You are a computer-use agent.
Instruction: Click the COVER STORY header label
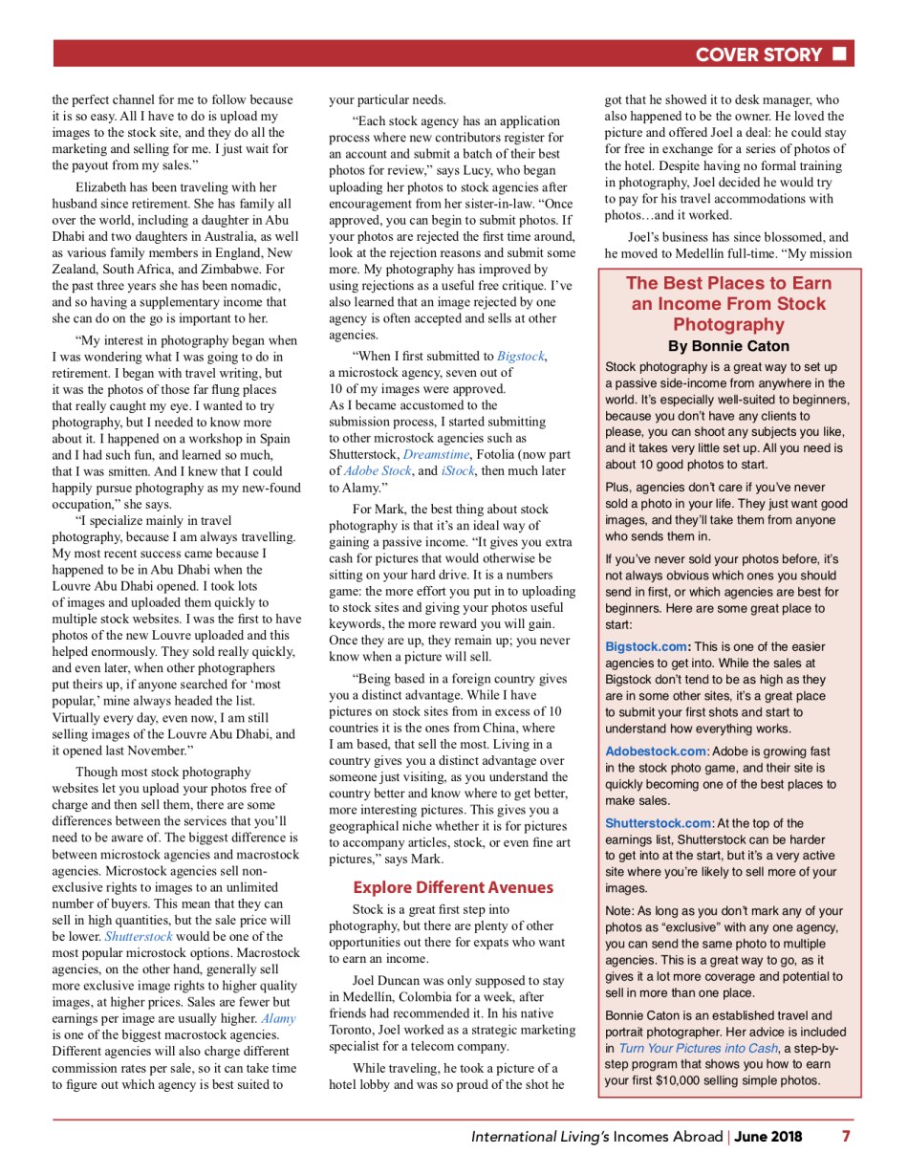point(758,54)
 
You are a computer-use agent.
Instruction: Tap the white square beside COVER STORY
point(839,54)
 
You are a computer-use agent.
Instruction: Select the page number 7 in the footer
point(845,1137)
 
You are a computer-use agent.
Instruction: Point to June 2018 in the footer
point(767,1137)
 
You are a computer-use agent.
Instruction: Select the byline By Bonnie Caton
point(728,346)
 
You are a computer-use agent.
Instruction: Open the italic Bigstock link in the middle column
point(520,356)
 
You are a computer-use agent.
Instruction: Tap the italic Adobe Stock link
point(378,469)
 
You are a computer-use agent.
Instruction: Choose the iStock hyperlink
point(458,469)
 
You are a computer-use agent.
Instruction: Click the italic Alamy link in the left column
point(278,1018)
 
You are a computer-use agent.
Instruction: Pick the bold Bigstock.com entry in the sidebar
point(645,646)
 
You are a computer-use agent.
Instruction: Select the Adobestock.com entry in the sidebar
point(656,751)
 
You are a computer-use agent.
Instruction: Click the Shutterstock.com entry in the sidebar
point(659,823)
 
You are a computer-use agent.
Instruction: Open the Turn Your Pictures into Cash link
point(698,1048)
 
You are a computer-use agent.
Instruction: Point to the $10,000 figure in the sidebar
point(660,1080)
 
